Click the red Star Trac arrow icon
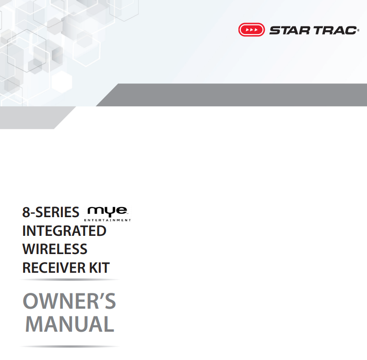point(251,30)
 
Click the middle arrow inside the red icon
point(251,30)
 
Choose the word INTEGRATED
point(64,231)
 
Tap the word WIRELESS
point(55,249)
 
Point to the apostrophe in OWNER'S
point(98,296)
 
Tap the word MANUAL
point(70,325)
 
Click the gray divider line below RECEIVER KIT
point(70,279)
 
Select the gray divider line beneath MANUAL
point(70,346)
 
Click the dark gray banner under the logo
point(240,95)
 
